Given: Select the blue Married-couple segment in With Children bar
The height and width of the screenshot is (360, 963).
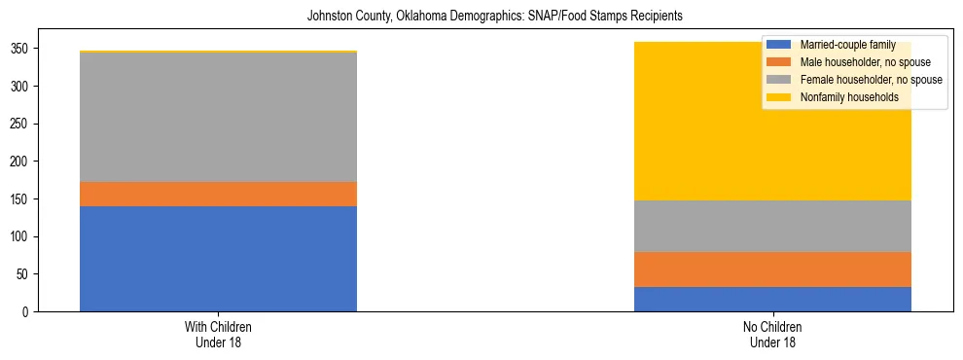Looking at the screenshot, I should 218,259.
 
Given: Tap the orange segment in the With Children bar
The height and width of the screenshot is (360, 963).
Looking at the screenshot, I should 218,194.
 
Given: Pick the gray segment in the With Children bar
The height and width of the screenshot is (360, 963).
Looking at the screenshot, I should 218,117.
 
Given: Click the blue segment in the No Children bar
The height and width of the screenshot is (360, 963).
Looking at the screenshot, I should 772,299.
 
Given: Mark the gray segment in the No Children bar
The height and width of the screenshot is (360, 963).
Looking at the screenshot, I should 772,226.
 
